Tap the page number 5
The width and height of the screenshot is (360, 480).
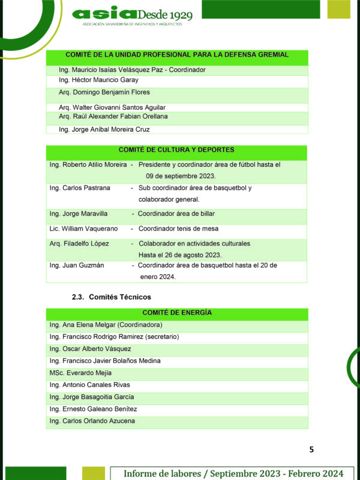pyautogui.click(x=311, y=449)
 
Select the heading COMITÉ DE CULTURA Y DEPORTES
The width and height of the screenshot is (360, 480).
pyautogui.click(x=176, y=150)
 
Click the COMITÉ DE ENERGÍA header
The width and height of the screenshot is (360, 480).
pyautogui.click(x=177, y=313)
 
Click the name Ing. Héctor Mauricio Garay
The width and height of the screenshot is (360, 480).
pyautogui.click(x=98, y=80)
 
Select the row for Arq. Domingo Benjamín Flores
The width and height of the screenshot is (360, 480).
pyautogui.click(x=104, y=92)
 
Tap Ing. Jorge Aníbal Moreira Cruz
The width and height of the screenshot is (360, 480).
pyautogui.click(x=104, y=129)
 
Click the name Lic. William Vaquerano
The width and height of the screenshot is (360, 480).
pyautogui.click(x=83, y=229)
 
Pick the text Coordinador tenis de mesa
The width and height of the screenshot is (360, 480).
pyautogui.click(x=178, y=229)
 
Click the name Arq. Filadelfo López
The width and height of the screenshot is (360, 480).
pyautogui.click(x=79, y=244)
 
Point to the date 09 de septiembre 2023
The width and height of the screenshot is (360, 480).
pyautogui.click(x=181, y=176)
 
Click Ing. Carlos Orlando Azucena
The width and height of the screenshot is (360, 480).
pyautogui.click(x=92, y=421)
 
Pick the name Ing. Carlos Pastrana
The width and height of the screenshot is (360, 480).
pyautogui.click(x=80, y=188)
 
